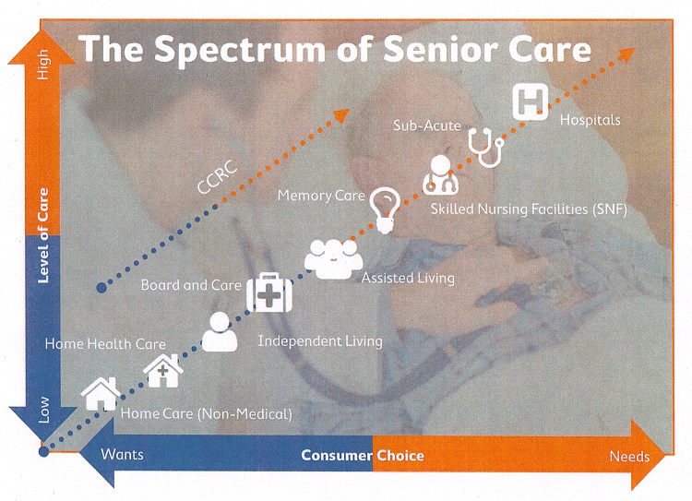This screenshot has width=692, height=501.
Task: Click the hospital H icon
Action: [x=530, y=102]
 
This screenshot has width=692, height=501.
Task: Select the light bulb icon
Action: [x=386, y=210]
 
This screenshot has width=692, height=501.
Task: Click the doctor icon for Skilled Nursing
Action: [x=440, y=174]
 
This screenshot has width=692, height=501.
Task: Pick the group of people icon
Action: [x=333, y=259]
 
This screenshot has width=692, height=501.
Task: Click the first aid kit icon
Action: [x=269, y=292]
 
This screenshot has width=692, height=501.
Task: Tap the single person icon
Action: [x=220, y=331]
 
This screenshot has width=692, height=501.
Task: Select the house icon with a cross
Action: [x=162, y=371]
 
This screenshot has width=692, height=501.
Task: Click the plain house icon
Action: [x=101, y=394]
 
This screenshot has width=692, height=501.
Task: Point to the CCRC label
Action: [x=218, y=178]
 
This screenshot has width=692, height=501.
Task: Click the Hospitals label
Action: [x=591, y=120]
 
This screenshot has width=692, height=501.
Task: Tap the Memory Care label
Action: [x=321, y=196]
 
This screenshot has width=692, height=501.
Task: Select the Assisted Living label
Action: [x=408, y=278]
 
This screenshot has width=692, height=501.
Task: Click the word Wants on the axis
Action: [x=122, y=454]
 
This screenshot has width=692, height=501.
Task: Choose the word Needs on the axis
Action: [x=629, y=456]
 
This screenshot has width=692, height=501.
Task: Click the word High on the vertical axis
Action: [x=42, y=65]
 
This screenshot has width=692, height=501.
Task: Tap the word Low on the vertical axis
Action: [x=43, y=410]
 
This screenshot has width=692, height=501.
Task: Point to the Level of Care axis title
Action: [x=42, y=235]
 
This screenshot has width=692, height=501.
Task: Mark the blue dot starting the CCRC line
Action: [x=101, y=288]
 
